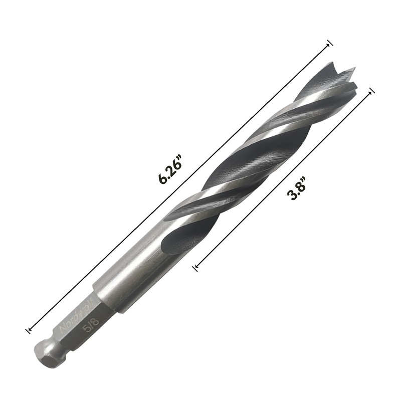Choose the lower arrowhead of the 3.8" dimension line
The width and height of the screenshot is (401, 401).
pos(195,269)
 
